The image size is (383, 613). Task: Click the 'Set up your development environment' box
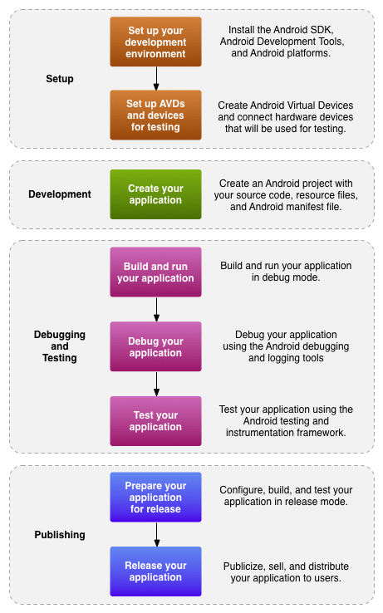[x=156, y=42]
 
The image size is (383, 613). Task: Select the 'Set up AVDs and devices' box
[x=156, y=115]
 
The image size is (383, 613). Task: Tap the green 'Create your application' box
[x=156, y=194]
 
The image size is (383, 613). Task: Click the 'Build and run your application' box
[x=156, y=272]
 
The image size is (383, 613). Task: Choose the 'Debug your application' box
[x=156, y=346]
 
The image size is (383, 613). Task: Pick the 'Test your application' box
[x=156, y=421]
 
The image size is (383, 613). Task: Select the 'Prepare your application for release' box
[x=156, y=497]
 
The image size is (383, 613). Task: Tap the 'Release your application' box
[x=156, y=571]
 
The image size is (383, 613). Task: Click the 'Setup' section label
[x=60, y=79]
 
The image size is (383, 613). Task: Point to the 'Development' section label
[x=60, y=194]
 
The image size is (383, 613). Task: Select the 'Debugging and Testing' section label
[x=60, y=346]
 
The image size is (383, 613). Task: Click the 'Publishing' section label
[x=60, y=534]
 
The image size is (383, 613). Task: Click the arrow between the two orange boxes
[x=156, y=78]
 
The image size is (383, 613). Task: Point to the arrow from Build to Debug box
[x=156, y=309]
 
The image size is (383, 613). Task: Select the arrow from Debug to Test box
[x=156, y=384]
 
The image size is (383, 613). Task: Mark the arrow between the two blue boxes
[x=156, y=534]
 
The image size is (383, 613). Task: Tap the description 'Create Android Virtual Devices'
[x=286, y=115]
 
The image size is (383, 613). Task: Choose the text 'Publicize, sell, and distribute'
[x=286, y=572]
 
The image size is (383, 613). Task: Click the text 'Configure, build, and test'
[x=286, y=497]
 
